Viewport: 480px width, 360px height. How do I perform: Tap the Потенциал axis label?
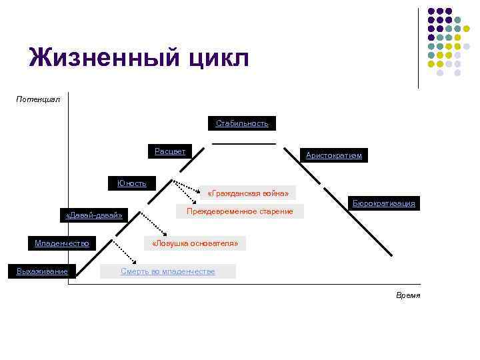[x=38, y=99]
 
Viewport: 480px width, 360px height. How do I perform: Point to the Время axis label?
[x=408, y=295]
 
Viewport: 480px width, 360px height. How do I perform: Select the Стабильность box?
[x=242, y=123]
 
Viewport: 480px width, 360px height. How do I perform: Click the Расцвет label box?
[x=170, y=151]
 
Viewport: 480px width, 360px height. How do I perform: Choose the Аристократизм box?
[x=333, y=155]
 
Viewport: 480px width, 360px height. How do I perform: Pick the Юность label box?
[x=132, y=183]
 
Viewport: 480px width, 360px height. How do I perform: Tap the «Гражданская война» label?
[x=248, y=193]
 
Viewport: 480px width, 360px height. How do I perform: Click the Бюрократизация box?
[x=384, y=203]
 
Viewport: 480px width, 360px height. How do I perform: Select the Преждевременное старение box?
[x=239, y=211]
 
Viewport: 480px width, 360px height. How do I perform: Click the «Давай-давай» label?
[x=94, y=215]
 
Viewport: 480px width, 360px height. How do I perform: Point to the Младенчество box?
[x=62, y=243]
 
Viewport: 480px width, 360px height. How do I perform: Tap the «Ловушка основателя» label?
[x=195, y=243]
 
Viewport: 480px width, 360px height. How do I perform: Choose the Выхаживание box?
[x=41, y=270]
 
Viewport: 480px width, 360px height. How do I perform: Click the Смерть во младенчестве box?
[x=167, y=271]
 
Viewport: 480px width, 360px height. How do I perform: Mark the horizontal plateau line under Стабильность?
[x=243, y=143]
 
